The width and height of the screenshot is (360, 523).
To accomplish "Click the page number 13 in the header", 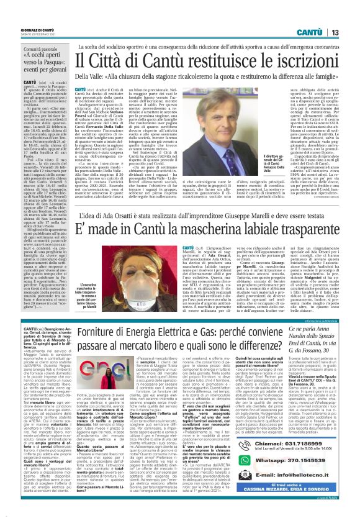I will point(351,13).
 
